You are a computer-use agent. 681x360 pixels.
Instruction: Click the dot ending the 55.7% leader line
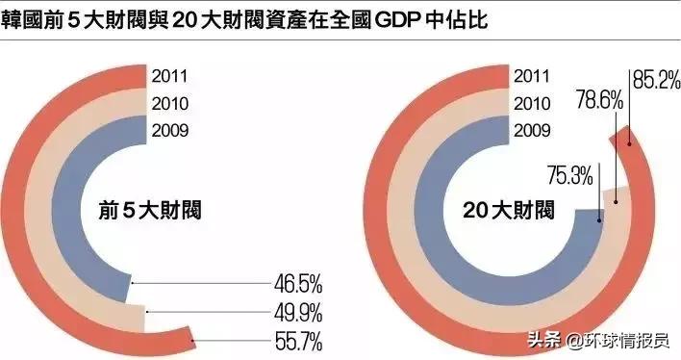click(x=193, y=341)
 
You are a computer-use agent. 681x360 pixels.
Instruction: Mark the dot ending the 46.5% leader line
click(x=131, y=282)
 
